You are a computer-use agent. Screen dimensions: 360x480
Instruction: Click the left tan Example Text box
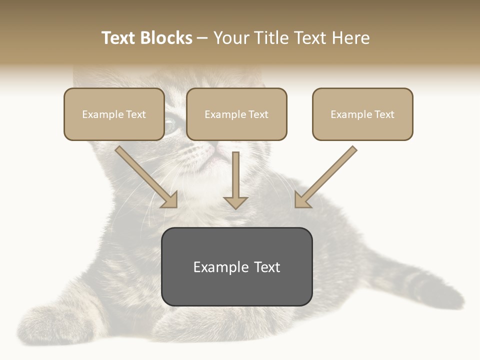click(114, 114)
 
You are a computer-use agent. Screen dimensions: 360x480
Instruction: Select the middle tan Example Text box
click(236, 114)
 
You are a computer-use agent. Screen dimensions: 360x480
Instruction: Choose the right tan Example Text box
click(362, 114)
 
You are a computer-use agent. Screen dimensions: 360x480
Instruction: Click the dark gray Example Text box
click(236, 267)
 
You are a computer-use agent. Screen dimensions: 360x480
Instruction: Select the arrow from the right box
click(325, 177)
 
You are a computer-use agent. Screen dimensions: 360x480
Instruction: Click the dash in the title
click(202, 38)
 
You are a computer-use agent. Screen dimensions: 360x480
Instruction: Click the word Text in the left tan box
click(135, 114)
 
